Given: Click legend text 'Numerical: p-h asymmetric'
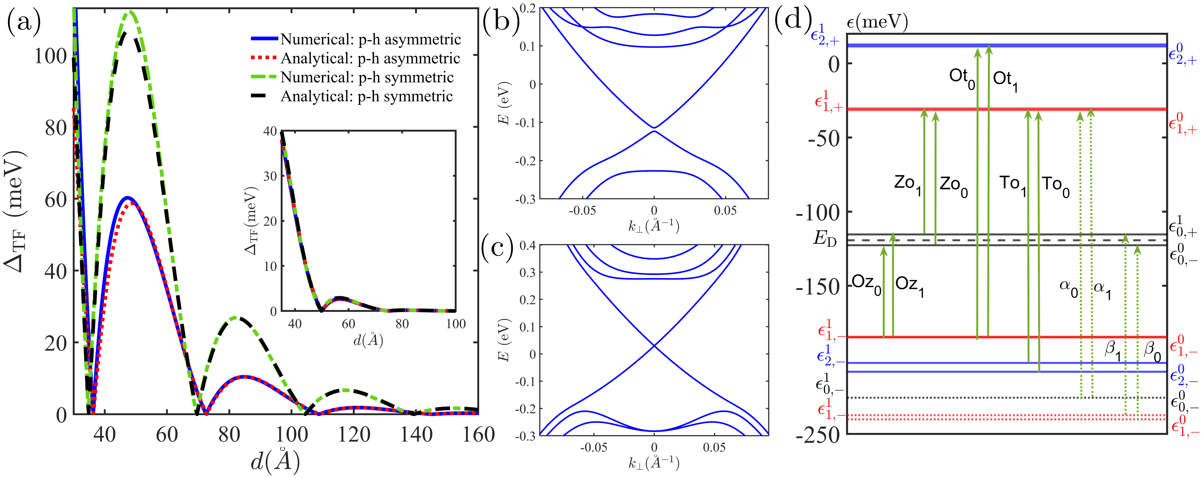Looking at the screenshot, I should [x=371, y=40].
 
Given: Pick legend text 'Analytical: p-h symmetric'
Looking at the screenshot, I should [x=366, y=97].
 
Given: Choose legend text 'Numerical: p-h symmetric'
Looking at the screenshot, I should [x=367, y=78].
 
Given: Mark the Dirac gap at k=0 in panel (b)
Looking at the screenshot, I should [x=654, y=129].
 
